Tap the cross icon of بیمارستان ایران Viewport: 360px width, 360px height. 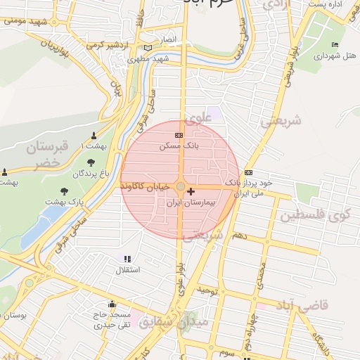pyautogui.click(x=191, y=191)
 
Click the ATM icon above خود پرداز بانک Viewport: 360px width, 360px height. pyautogui.click(x=248, y=172)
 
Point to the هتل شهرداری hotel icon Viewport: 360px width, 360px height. pyautogui.click(x=335, y=45)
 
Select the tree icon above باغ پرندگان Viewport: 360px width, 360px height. pyautogui.click(x=91, y=163)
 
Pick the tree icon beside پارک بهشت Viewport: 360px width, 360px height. pyautogui.click(x=65, y=191)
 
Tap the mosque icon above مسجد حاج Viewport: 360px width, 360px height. pyautogui.click(x=112, y=305)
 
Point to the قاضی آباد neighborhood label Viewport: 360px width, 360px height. pyautogui.click(x=304, y=306)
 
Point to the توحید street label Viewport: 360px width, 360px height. pyautogui.click(x=210, y=290)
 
